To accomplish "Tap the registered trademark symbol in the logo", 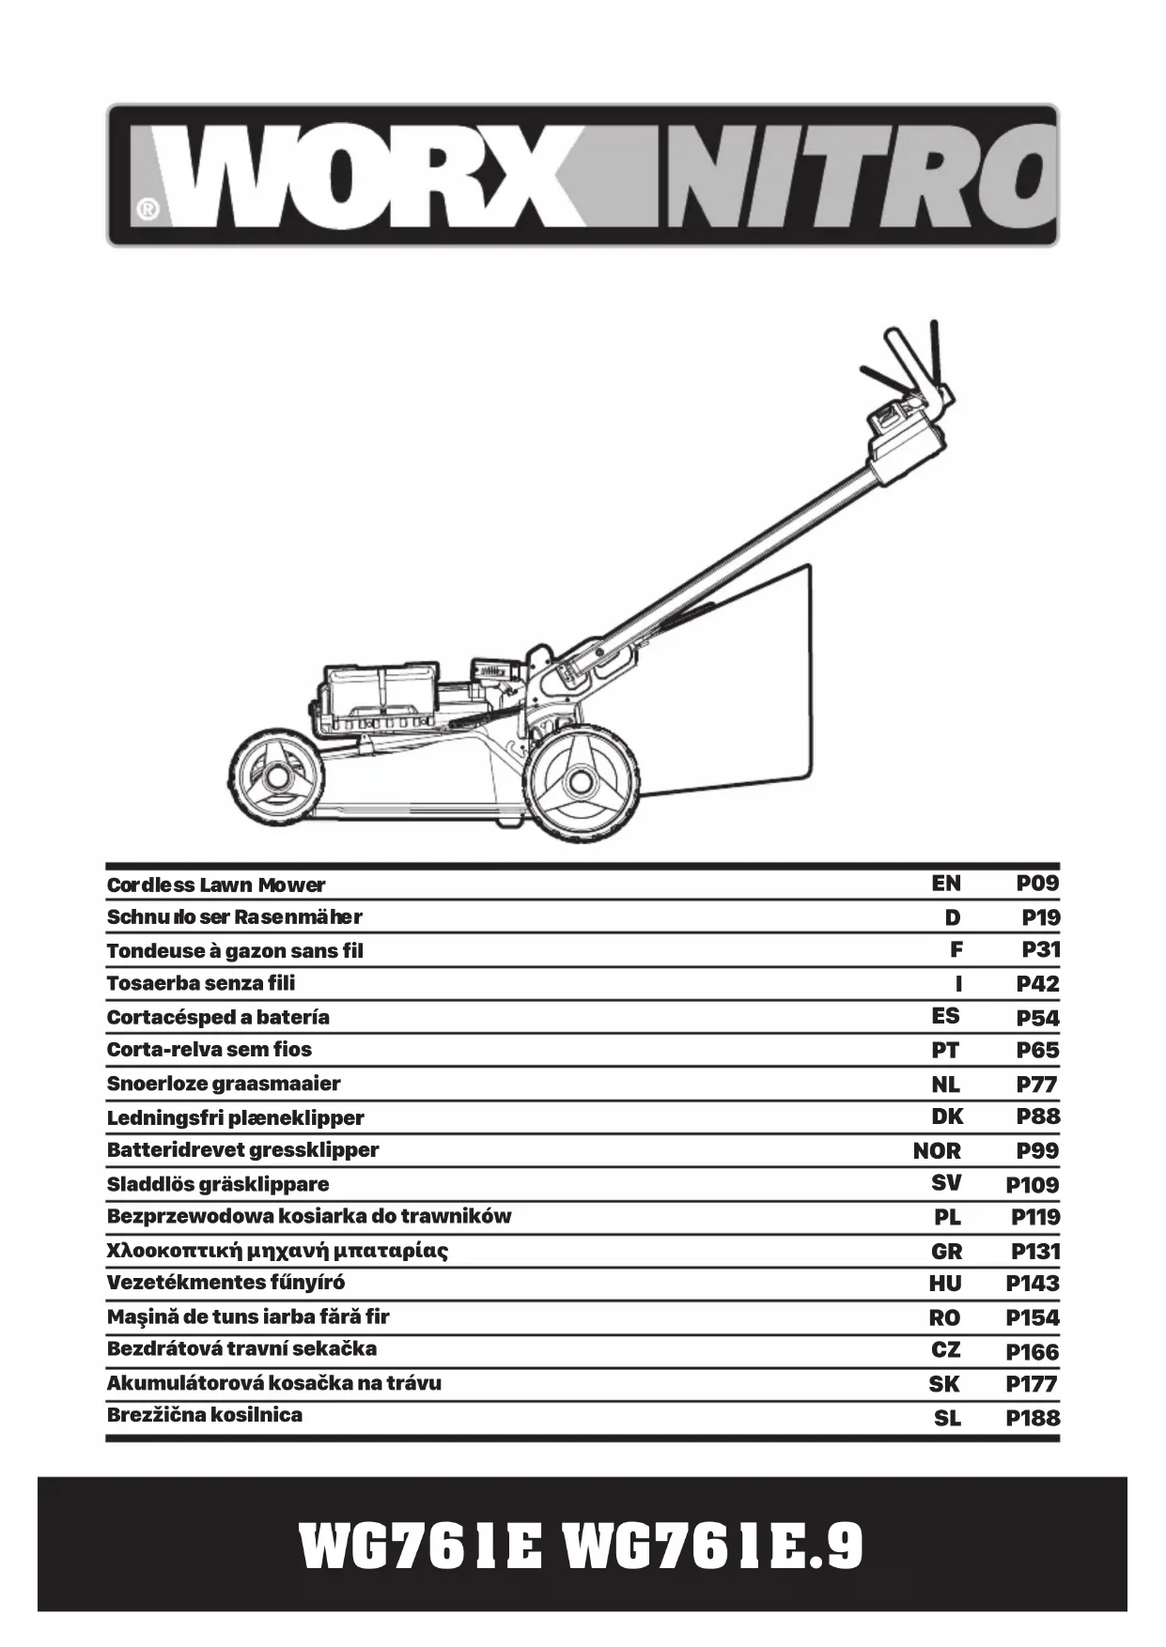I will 147,209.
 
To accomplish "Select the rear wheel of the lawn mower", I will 580,785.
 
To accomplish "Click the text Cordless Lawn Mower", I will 216,885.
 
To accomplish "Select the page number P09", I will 1037,884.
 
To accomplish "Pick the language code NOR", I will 937,1150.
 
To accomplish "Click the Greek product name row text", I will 277,1251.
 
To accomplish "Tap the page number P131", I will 1034,1251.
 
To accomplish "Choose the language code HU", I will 945,1284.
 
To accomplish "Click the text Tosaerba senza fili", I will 201,983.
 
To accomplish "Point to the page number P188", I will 1032,1418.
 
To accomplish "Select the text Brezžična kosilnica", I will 205,1415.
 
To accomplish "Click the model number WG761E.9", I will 713,1547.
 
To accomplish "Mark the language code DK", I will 947,1116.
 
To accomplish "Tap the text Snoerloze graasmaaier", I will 224,1084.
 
